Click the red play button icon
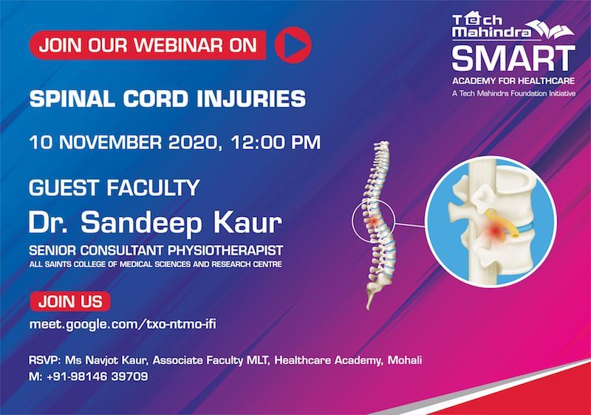point(293,45)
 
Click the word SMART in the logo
point(513,58)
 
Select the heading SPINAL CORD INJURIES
point(168,99)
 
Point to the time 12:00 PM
point(276,143)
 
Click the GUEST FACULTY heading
point(115,188)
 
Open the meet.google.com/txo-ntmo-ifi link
point(123,324)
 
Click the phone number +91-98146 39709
point(98,376)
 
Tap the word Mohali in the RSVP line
point(405,360)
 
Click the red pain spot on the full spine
point(374,222)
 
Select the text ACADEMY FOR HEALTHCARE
point(513,81)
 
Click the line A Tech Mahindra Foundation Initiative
point(513,93)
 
